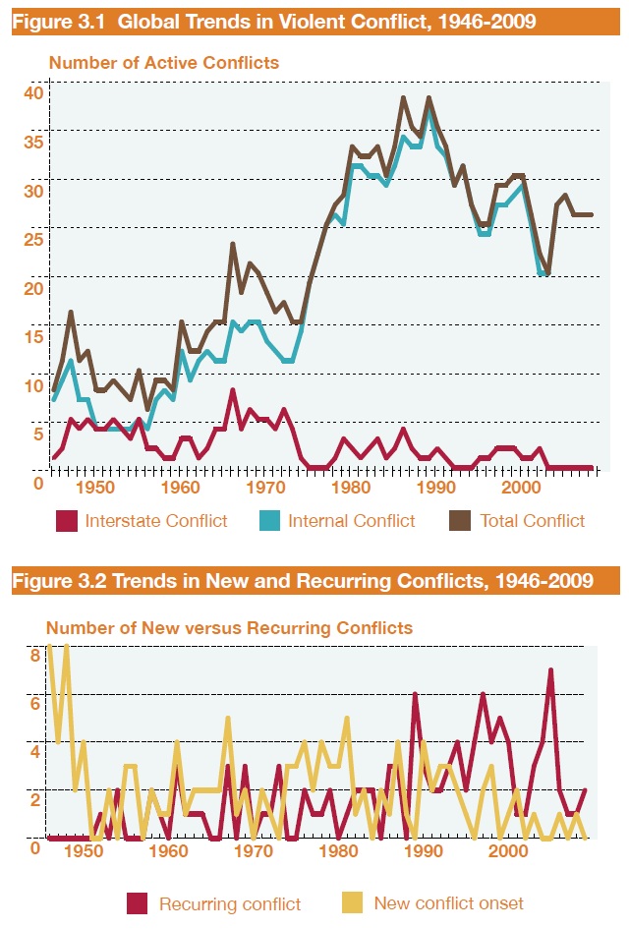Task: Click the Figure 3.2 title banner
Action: tap(303, 581)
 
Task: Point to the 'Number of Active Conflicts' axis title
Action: tap(164, 63)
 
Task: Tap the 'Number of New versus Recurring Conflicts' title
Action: tap(230, 626)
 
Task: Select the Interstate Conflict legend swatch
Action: tap(67, 521)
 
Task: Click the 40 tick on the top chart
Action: tap(34, 92)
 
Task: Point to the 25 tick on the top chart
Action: tap(34, 238)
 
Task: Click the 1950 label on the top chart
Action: tap(95, 486)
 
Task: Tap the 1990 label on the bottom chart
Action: tap(422, 851)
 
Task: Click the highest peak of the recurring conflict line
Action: tap(551, 670)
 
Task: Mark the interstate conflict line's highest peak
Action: tap(232, 390)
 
